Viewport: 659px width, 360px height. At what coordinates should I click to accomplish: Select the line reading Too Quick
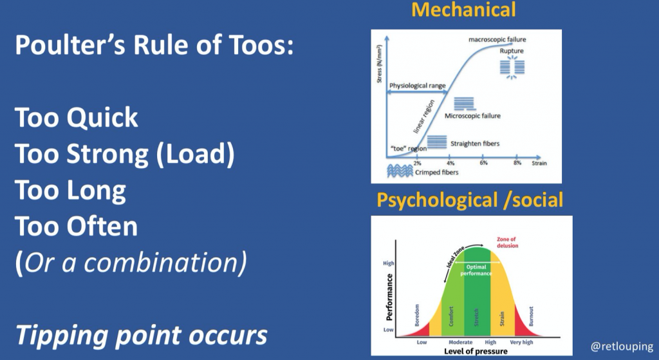[77, 117]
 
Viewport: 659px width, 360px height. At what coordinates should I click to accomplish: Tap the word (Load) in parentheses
[195, 154]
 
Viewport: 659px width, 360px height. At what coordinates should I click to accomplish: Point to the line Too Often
[77, 226]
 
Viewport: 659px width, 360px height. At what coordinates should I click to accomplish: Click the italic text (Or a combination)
[131, 263]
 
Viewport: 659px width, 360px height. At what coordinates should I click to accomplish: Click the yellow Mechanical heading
[463, 10]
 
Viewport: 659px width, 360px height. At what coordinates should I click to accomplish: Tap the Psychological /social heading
[469, 200]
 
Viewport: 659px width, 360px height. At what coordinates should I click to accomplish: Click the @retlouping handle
[622, 346]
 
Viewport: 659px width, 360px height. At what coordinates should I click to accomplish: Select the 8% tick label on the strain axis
[517, 163]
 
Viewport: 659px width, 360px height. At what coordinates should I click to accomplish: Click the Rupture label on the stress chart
[512, 51]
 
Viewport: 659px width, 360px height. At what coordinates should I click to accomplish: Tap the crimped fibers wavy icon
[400, 171]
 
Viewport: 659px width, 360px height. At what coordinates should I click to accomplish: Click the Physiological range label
[417, 86]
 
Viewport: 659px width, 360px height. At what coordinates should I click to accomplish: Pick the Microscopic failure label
[472, 116]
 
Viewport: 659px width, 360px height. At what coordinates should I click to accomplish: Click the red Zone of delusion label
[507, 243]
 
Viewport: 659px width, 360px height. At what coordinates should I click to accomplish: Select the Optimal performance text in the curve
[476, 270]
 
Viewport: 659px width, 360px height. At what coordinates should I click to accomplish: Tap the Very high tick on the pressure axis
[521, 343]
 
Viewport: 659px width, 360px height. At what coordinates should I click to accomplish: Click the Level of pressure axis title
[476, 351]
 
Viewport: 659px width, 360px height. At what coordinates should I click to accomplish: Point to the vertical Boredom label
[417, 315]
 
